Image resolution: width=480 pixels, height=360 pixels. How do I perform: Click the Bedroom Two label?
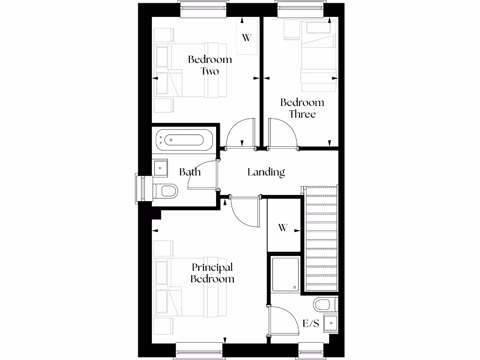point(210,65)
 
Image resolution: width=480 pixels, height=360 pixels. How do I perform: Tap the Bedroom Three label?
point(302,108)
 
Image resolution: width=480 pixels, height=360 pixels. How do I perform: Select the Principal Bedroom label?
point(212,273)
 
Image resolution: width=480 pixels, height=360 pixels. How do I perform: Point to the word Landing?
point(266,172)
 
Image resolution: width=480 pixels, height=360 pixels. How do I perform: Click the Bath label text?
point(190,172)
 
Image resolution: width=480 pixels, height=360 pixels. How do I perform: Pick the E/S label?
point(311,323)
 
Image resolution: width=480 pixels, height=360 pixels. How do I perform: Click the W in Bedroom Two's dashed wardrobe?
point(247,37)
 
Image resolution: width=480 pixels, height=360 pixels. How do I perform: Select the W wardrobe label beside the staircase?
point(282,228)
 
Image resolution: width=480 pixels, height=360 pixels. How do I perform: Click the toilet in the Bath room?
point(167,191)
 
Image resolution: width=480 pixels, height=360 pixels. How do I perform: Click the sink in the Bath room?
point(161,168)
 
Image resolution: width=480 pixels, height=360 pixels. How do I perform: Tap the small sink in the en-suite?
point(331,323)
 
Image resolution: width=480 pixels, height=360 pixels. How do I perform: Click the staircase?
point(321,239)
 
